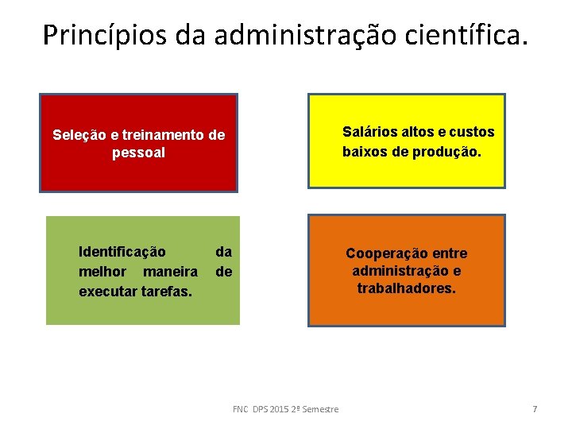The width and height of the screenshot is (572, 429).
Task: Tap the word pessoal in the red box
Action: pos(139,153)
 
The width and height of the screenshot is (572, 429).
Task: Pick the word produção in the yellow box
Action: pos(447,151)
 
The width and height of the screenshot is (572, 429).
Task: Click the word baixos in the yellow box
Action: pos(365,151)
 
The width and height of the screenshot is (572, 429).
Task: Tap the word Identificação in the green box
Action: pos(122,252)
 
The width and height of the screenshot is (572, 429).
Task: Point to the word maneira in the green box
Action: pos(171,272)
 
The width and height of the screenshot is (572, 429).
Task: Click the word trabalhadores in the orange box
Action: pos(406,288)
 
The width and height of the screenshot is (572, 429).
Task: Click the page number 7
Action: pos(535,409)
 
